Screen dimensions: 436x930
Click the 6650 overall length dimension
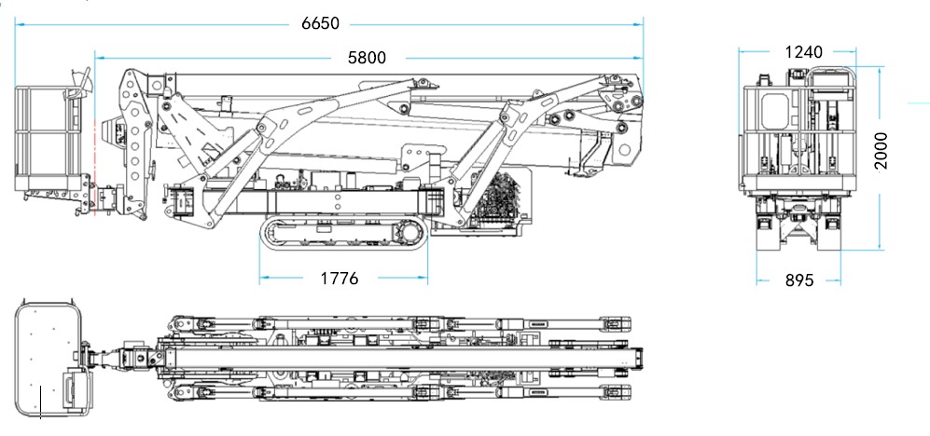coord(320,23)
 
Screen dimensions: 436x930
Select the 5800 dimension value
coord(366,58)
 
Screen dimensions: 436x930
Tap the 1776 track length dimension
coord(340,278)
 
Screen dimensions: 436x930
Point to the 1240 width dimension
coord(803,52)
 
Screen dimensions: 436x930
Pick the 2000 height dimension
coord(881,150)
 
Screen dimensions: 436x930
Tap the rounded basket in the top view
coord(49,356)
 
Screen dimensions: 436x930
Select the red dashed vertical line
coord(94,140)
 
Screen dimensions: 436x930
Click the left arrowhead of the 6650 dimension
coord(18,23)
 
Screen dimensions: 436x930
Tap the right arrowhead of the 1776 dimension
coord(424,278)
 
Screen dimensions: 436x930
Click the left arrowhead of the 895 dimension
coord(760,279)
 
